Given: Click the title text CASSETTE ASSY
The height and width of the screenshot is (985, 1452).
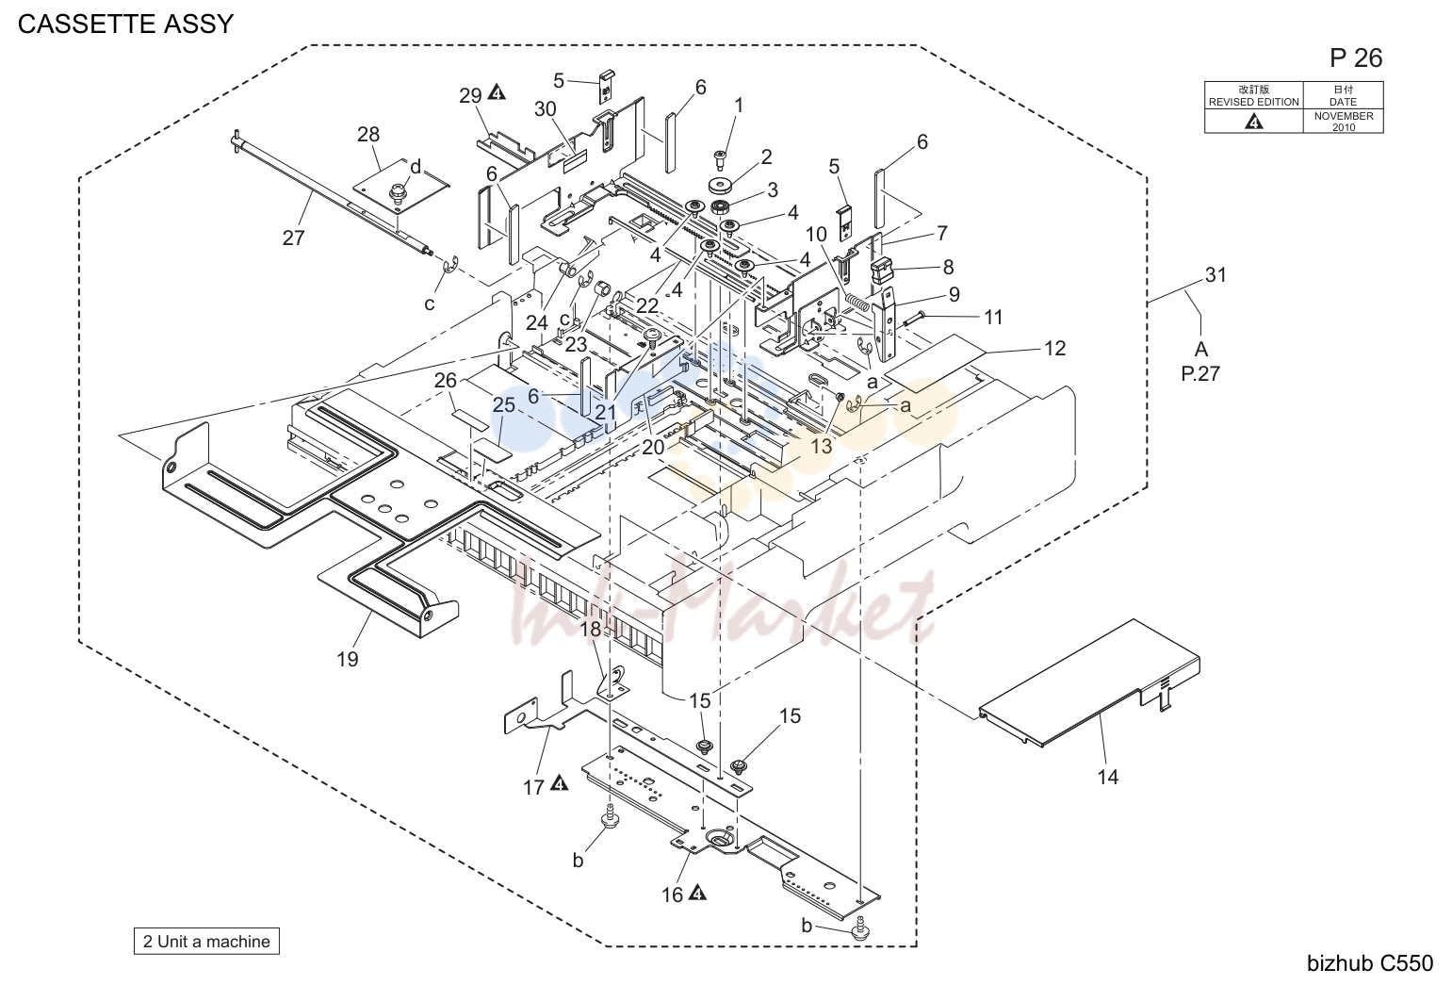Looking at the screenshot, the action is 125,24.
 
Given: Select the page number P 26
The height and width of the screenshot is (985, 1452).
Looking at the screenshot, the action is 1356,58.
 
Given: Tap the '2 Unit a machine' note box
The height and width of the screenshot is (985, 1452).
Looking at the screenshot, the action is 206,941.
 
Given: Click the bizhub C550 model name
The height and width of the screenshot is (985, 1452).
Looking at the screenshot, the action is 1370,963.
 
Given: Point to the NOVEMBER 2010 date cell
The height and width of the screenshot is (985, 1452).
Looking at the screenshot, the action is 1343,122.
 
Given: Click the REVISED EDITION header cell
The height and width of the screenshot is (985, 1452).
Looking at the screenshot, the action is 1253,95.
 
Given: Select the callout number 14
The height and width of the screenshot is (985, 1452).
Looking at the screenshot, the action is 1108,776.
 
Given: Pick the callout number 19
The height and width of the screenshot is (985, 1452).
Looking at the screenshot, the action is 348,659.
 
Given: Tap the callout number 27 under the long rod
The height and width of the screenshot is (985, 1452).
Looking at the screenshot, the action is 294,238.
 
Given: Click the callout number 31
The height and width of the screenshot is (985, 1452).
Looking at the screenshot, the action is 1215,275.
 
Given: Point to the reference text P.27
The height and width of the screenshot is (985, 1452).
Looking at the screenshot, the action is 1199,373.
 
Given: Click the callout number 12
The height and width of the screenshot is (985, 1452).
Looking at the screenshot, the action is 1054,348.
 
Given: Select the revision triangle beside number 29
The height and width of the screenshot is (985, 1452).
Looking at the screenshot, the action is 497,92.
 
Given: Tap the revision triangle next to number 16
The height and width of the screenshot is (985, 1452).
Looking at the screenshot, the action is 697,893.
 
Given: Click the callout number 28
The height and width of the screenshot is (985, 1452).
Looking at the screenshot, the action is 368,134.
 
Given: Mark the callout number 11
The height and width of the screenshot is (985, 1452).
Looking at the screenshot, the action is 993,317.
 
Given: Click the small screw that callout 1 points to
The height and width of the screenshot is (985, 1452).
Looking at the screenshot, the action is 720,158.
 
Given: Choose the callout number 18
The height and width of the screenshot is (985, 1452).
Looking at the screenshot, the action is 590,629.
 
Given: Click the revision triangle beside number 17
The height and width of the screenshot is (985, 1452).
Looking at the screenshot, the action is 559,783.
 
